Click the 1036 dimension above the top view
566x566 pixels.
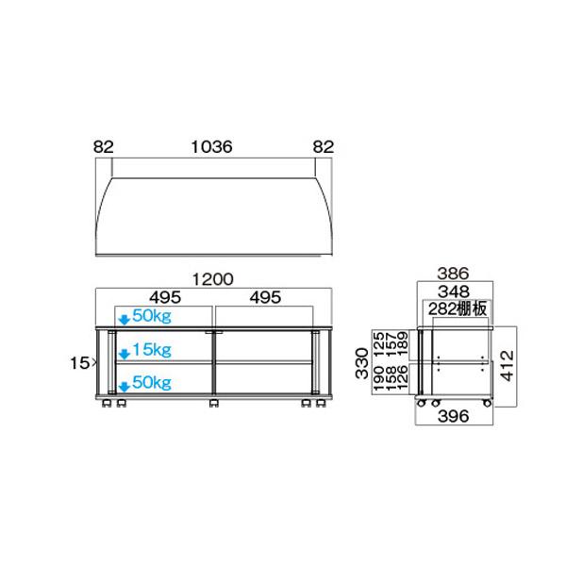click(x=212, y=147)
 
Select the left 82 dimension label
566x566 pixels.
click(x=104, y=147)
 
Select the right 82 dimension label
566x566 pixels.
click(x=324, y=147)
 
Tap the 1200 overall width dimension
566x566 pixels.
click(x=212, y=280)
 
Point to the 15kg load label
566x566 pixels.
click(x=151, y=350)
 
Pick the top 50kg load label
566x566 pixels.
click(x=151, y=315)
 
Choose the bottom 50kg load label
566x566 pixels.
click(x=151, y=382)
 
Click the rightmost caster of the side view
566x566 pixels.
click(x=486, y=404)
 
